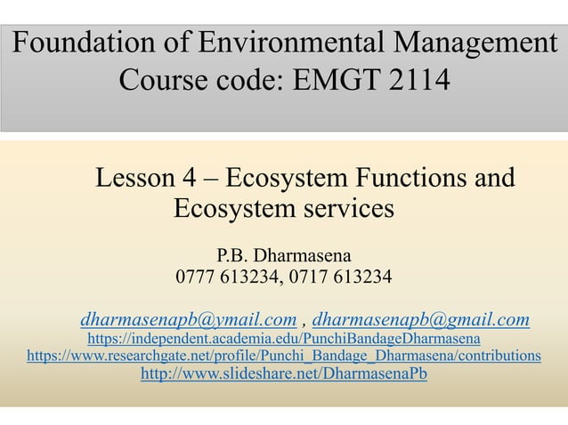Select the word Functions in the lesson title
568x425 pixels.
[400, 178]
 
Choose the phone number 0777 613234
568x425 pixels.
[226, 281]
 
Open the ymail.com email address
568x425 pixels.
[188, 319]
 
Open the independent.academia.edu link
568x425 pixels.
[284, 339]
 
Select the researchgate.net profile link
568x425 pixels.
[284, 357]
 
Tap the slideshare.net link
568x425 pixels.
[284, 374]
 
